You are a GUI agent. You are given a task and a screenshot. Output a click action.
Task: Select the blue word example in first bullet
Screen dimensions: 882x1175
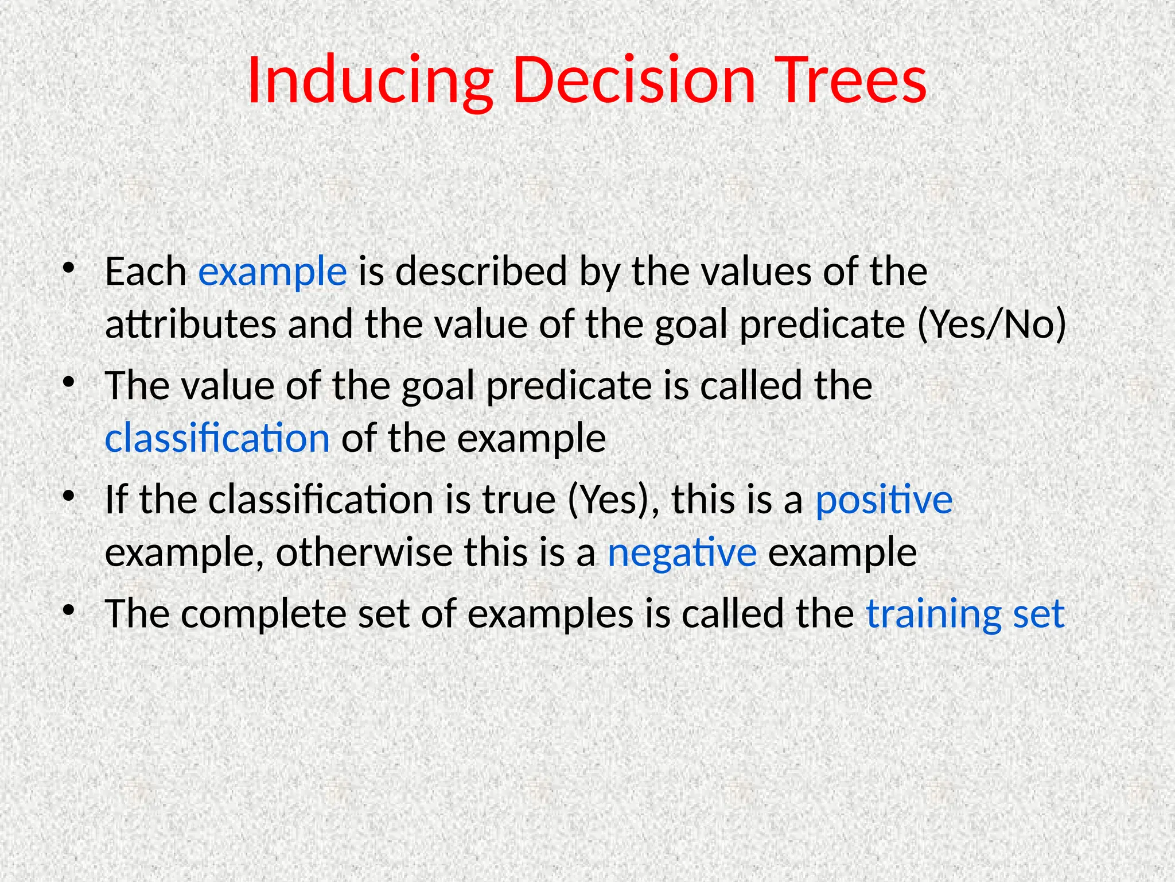273,272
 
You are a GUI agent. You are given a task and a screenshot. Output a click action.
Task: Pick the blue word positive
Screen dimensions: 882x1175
884,500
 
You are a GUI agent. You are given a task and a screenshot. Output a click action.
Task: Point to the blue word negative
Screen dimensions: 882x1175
682,553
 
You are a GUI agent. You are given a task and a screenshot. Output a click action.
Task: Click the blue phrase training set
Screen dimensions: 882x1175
966,614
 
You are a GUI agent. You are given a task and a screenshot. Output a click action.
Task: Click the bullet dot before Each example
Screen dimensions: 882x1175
69,268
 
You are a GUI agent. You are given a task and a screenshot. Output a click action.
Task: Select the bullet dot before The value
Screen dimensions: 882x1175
69,382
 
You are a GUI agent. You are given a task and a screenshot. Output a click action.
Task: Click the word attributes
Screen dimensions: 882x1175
191,325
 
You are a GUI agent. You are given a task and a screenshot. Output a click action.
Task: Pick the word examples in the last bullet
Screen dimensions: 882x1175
550,614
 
